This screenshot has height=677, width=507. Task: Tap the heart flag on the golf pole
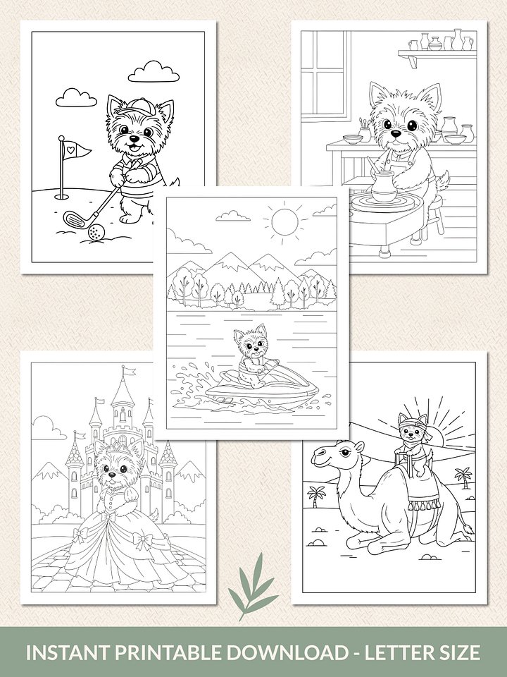coord(78,150)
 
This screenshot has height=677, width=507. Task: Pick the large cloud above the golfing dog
coord(154,71)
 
